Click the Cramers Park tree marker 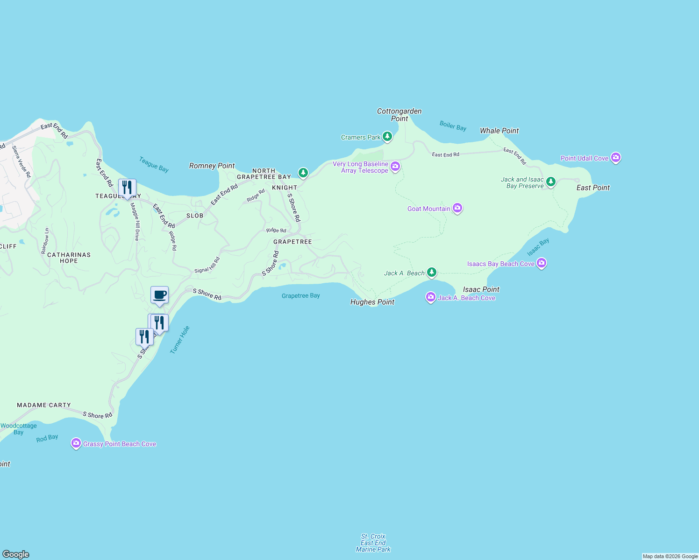point(387,137)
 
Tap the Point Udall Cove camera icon point(616,158)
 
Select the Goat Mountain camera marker point(457,208)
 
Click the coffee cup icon point(159,295)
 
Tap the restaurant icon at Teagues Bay point(127,188)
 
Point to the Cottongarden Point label point(399,115)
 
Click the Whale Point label point(499,131)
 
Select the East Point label point(593,188)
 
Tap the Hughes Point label point(372,302)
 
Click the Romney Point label point(212,166)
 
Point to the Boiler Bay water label point(453,126)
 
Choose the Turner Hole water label point(180,340)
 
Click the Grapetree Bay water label point(300,295)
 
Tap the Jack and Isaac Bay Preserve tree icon point(551,182)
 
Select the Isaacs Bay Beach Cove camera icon point(542,263)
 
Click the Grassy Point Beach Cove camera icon point(76,443)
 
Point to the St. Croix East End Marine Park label point(373,543)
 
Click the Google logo point(16,554)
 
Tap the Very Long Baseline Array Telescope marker point(395,167)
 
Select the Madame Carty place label point(44,405)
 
